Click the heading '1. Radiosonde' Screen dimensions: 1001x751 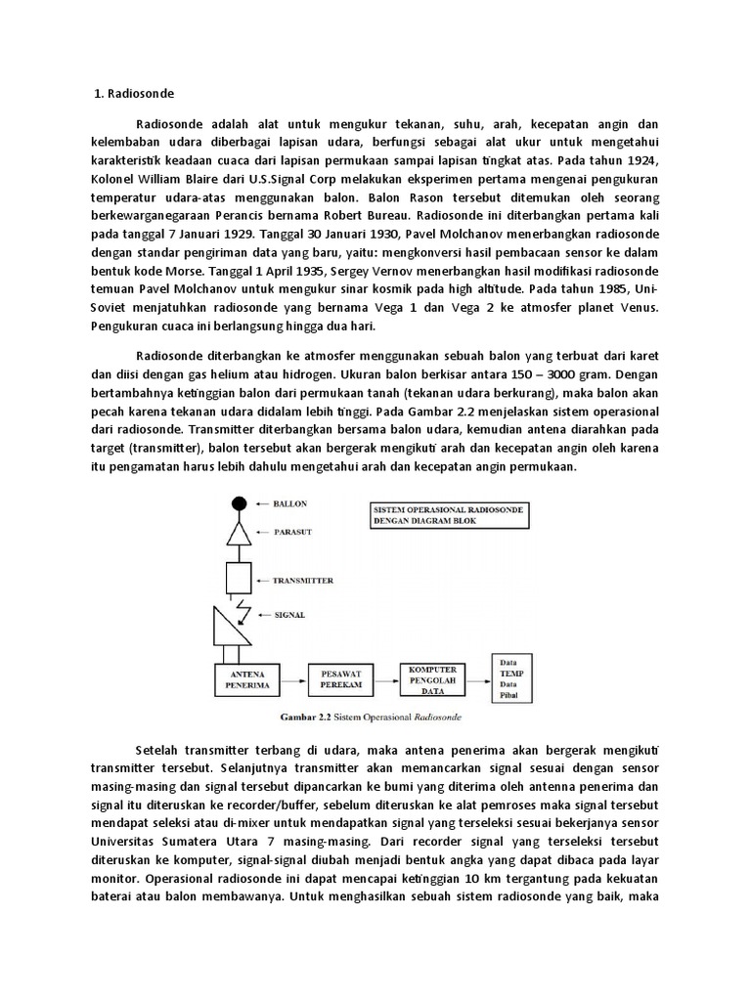134,94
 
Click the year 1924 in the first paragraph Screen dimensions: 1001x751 641,161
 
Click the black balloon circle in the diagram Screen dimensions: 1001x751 238,503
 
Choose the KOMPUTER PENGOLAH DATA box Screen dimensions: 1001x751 428,675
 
